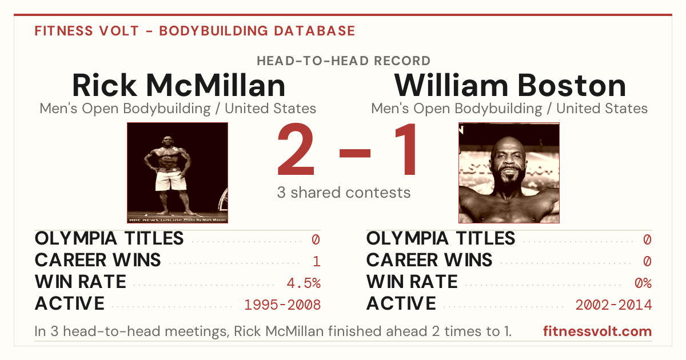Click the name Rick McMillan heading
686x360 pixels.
[x=179, y=85]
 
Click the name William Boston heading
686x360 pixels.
[x=510, y=85]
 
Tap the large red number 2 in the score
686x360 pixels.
[x=296, y=149]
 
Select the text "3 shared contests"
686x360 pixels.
[x=344, y=193]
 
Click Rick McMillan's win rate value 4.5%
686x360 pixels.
[x=304, y=283]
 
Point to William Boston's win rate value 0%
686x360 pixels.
[x=643, y=283]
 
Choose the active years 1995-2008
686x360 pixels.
[x=282, y=305]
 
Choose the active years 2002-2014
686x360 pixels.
[x=614, y=305]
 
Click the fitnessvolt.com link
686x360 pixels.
[x=597, y=331]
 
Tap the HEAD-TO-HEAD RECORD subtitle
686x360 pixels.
[x=344, y=61]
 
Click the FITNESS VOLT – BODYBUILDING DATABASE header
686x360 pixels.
[x=195, y=31]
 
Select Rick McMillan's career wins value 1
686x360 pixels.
[x=317, y=261]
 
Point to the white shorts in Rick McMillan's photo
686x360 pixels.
[x=170, y=181]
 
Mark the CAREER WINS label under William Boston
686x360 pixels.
[x=429, y=260]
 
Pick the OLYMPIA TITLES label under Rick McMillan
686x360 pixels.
[x=109, y=238]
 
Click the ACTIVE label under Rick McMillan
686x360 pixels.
[x=70, y=303]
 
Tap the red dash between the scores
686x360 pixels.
[x=355, y=153]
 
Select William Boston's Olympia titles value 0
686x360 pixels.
[x=647, y=239]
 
